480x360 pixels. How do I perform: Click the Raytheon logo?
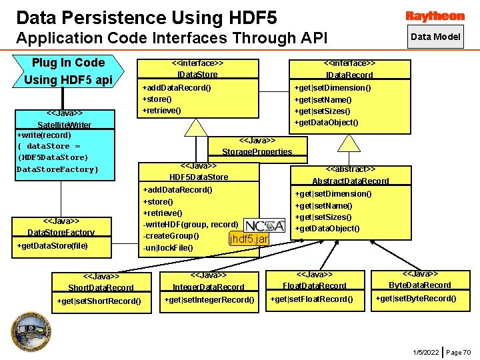(435, 15)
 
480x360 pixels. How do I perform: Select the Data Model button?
(435, 37)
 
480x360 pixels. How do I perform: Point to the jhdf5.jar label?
(248, 239)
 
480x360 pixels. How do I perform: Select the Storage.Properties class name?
(257, 151)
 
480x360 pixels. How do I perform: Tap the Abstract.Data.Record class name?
(350, 181)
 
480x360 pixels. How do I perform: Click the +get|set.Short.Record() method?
(99, 301)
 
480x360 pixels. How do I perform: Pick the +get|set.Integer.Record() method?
(209, 299)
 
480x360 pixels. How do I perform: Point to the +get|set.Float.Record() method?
(311, 299)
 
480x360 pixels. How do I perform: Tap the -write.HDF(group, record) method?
(191, 225)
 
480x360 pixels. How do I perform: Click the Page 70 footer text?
(458, 352)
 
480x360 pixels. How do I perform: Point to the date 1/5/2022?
(425, 352)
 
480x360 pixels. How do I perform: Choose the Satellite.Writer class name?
(64, 125)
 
